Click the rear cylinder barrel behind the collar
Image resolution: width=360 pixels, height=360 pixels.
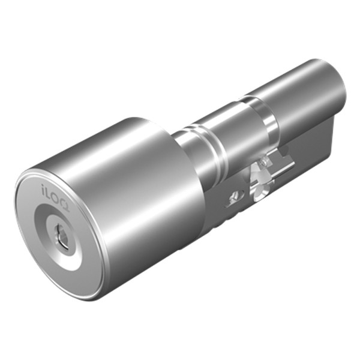[300, 96]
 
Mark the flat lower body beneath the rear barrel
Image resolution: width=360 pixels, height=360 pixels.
[312, 150]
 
